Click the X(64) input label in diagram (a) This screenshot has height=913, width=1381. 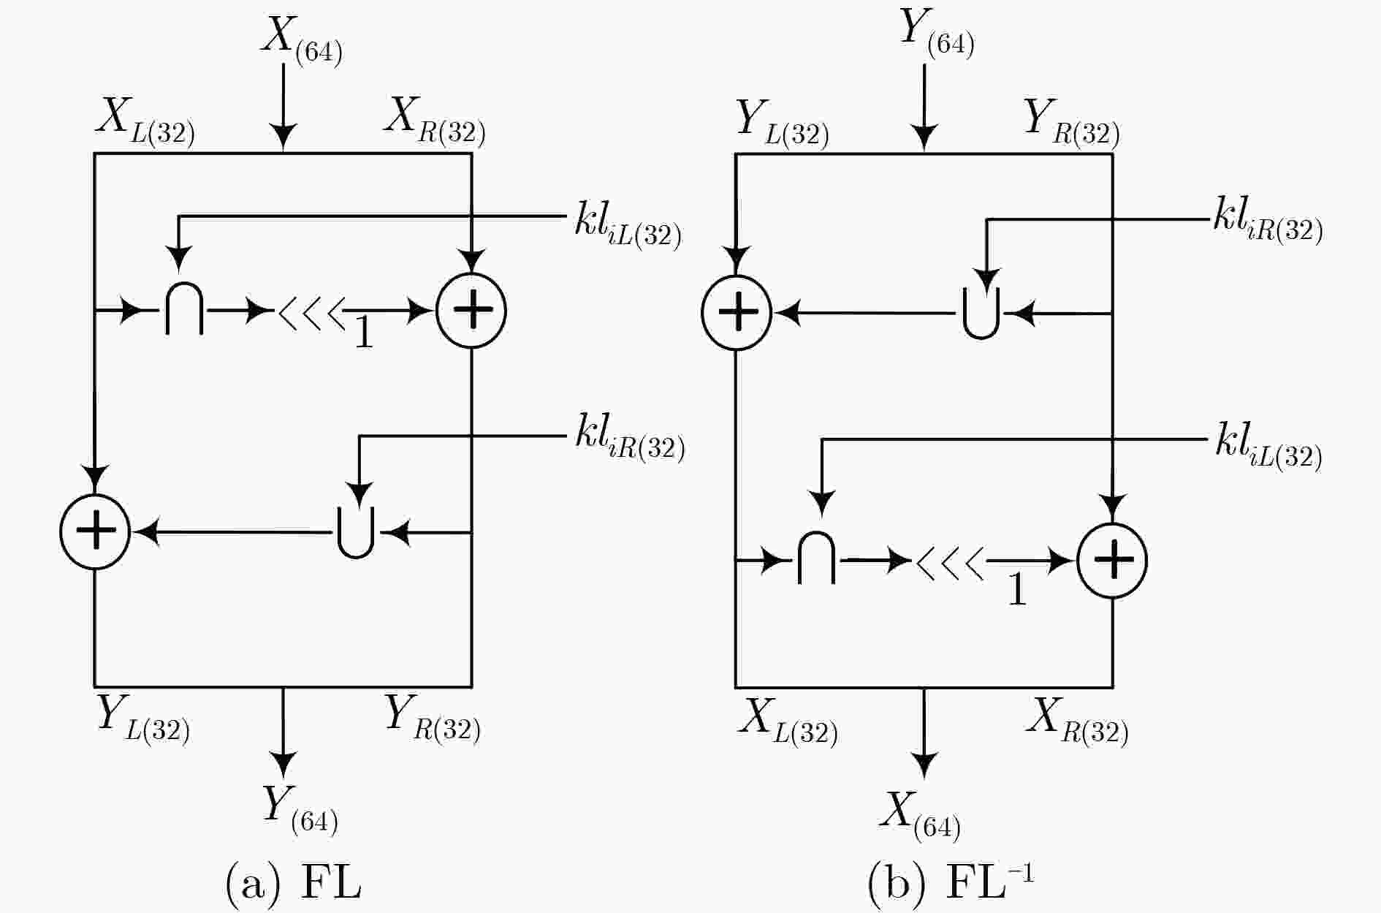click(301, 39)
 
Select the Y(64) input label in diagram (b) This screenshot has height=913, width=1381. click(937, 33)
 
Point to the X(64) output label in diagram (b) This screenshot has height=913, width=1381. click(920, 815)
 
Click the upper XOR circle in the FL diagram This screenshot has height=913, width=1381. click(471, 310)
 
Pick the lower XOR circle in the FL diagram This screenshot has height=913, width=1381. click(95, 531)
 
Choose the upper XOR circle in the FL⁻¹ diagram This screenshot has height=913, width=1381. click(736, 312)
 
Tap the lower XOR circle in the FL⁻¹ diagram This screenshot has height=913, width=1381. click(1112, 560)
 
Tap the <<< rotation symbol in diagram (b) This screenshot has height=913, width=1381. click(950, 562)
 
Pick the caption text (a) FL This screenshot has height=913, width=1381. click(294, 883)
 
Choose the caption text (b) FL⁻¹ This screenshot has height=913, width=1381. click(951, 882)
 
